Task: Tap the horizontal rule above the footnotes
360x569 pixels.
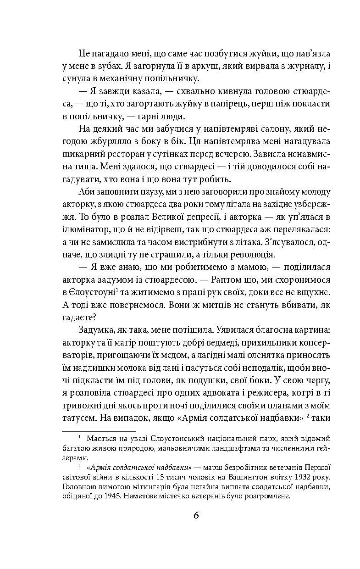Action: pos(99,431)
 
